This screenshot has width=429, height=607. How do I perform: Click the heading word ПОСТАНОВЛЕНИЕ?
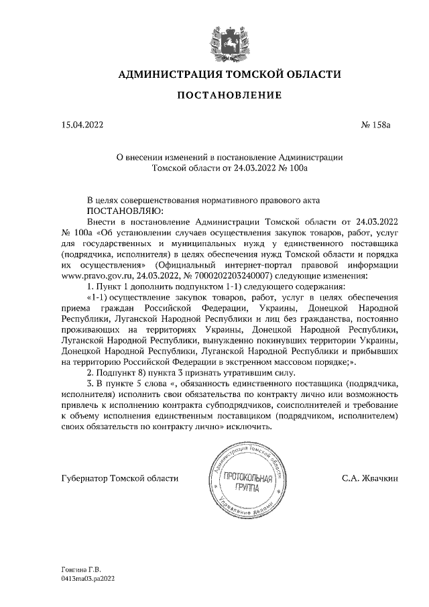point(229,95)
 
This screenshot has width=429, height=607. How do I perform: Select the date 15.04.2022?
point(82,124)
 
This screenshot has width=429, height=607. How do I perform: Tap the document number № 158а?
point(380,124)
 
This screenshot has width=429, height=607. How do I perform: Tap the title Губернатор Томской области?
point(119,478)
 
